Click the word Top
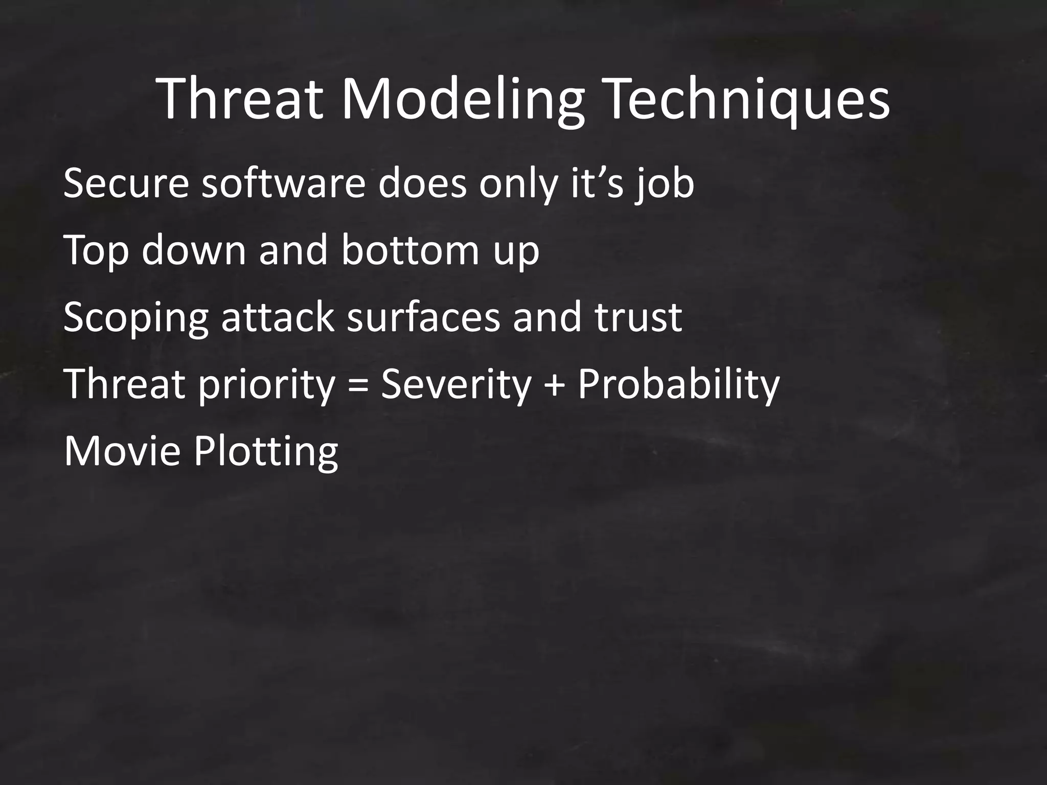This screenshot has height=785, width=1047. click(96, 250)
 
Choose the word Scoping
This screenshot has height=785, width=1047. click(135, 318)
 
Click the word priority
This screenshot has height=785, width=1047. click(265, 384)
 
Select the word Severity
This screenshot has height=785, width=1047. click(457, 384)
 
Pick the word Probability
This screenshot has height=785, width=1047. click(678, 384)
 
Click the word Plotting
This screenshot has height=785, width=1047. click(266, 452)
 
